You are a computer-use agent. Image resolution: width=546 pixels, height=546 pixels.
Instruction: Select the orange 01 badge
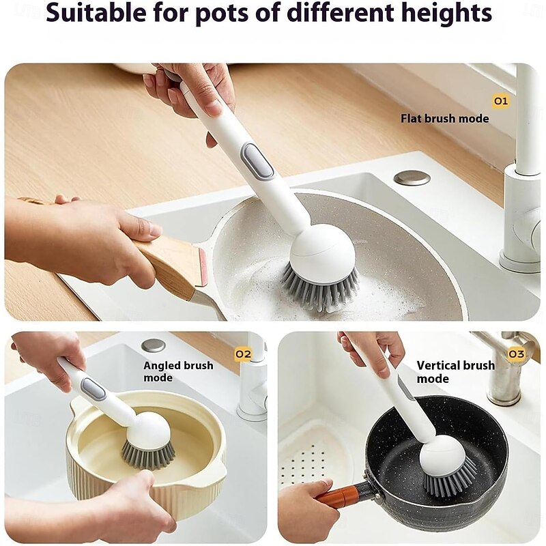point(501,101)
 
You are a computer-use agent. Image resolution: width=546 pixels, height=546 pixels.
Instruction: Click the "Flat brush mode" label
point(445,118)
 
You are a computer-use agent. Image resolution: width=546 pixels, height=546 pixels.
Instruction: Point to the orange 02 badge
point(243,354)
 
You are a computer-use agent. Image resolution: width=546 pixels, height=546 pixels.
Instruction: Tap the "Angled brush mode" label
point(178,371)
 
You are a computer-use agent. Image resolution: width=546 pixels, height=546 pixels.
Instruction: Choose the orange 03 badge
point(516,354)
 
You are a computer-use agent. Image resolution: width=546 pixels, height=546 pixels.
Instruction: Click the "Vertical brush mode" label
point(455,371)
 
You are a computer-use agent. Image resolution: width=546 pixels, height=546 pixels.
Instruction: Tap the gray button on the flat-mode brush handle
point(258,160)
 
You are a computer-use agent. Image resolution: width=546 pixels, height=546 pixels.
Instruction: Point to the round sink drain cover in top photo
point(412,177)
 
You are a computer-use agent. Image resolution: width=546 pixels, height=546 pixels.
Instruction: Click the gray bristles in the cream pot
point(148,454)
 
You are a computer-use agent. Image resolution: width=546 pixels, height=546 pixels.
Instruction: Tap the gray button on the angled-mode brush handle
point(93,388)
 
